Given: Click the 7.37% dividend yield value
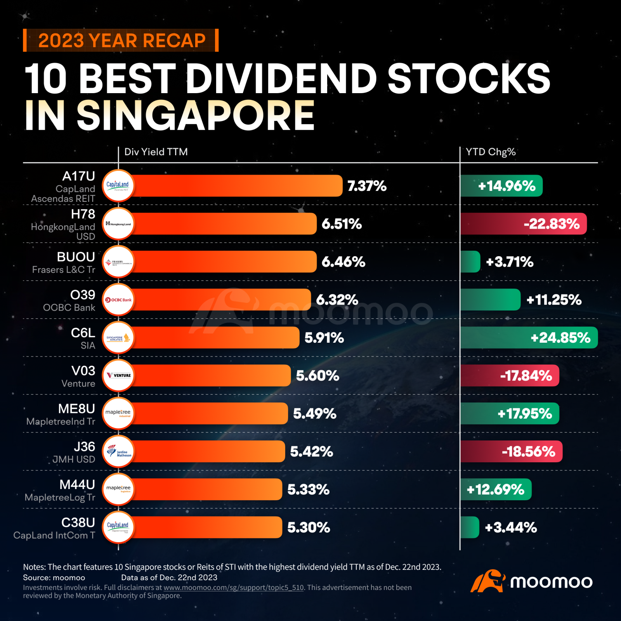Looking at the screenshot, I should click(x=366, y=186).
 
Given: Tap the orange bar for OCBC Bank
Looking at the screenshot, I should click(x=221, y=300).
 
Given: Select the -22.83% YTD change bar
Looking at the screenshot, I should click(x=523, y=224).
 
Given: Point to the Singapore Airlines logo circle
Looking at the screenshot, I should click(x=118, y=338).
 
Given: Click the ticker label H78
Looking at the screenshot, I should click(x=83, y=214).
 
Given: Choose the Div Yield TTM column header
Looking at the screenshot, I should click(x=156, y=152).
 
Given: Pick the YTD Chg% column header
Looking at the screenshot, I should click(x=491, y=152).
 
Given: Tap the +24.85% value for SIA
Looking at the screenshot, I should click(x=560, y=338).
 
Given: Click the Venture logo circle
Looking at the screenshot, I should click(x=118, y=375).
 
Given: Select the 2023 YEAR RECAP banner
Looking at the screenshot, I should click(x=121, y=40).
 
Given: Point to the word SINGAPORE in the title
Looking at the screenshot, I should click(x=196, y=115).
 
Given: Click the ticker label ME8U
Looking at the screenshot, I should click(x=76, y=409).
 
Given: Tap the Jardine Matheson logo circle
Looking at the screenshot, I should click(x=118, y=451).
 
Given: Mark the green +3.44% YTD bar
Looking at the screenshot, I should click(x=470, y=527).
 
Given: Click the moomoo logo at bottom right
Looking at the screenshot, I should click(x=532, y=581).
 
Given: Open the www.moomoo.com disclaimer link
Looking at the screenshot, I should click(x=233, y=588).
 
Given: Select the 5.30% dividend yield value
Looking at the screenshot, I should click(x=309, y=527).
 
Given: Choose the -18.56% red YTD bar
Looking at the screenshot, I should click(x=511, y=451).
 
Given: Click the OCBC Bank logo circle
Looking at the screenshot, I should click(x=118, y=300).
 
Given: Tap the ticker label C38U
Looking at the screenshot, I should click(x=78, y=523).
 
